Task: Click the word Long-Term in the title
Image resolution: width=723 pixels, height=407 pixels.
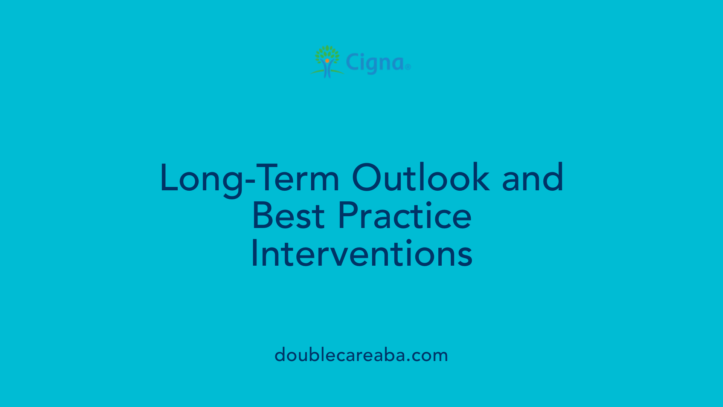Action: point(249,178)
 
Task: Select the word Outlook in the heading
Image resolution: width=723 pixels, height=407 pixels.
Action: point(421,178)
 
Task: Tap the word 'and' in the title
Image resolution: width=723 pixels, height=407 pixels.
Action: point(532,178)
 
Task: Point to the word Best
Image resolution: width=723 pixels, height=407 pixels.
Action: point(288,216)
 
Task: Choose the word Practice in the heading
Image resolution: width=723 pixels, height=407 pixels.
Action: point(404,216)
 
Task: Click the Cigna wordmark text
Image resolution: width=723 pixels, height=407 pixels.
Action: point(375,63)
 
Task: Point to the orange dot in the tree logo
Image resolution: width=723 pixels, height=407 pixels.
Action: point(327,61)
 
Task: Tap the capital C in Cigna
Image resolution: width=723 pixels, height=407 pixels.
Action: point(352,62)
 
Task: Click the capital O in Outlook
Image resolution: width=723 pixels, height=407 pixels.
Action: point(368,177)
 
